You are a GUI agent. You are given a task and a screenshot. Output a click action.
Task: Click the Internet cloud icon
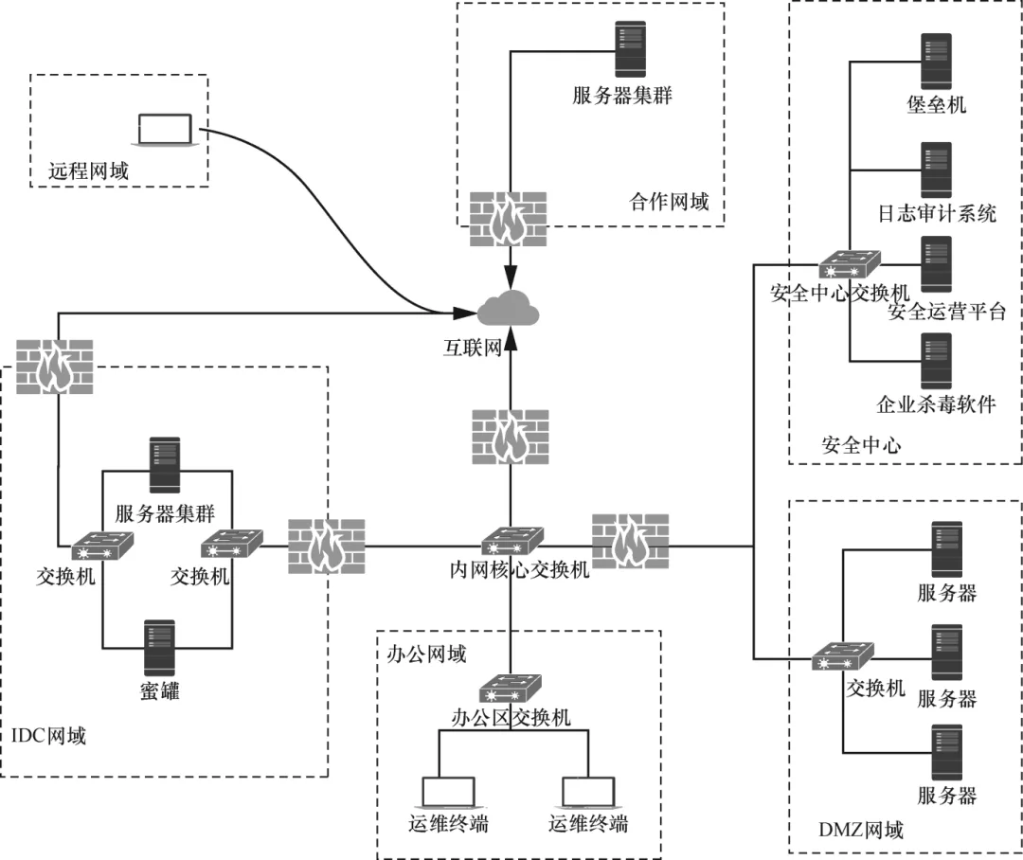click(x=509, y=309)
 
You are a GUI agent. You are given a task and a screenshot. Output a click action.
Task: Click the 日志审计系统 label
click(x=936, y=213)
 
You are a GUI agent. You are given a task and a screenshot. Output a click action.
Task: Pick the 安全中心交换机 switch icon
click(x=850, y=262)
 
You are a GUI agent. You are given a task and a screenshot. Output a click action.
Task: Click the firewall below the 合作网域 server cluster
click(x=509, y=220)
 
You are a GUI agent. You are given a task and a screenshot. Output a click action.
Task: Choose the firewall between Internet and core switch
click(x=511, y=438)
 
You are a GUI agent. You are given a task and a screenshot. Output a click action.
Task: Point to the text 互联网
click(x=475, y=349)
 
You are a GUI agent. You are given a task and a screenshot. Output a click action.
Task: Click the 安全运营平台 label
click(x=946, y=312)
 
